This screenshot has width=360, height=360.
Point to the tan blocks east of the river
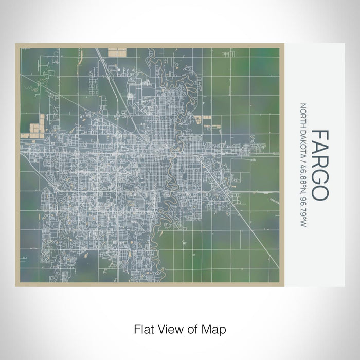tap(198, 120)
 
